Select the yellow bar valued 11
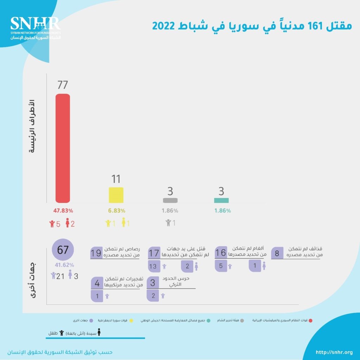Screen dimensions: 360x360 116,195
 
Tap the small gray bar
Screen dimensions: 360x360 170,200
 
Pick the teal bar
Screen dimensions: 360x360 221,200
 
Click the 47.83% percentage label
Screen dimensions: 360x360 63,211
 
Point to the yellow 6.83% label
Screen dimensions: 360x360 116,211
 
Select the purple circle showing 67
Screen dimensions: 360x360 63,250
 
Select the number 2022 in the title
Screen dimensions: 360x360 164,26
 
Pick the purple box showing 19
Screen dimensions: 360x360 96,253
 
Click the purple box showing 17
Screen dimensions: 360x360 154,253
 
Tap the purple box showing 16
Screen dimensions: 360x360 220,253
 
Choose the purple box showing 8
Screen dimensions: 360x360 277,253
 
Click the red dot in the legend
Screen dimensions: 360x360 310,320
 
